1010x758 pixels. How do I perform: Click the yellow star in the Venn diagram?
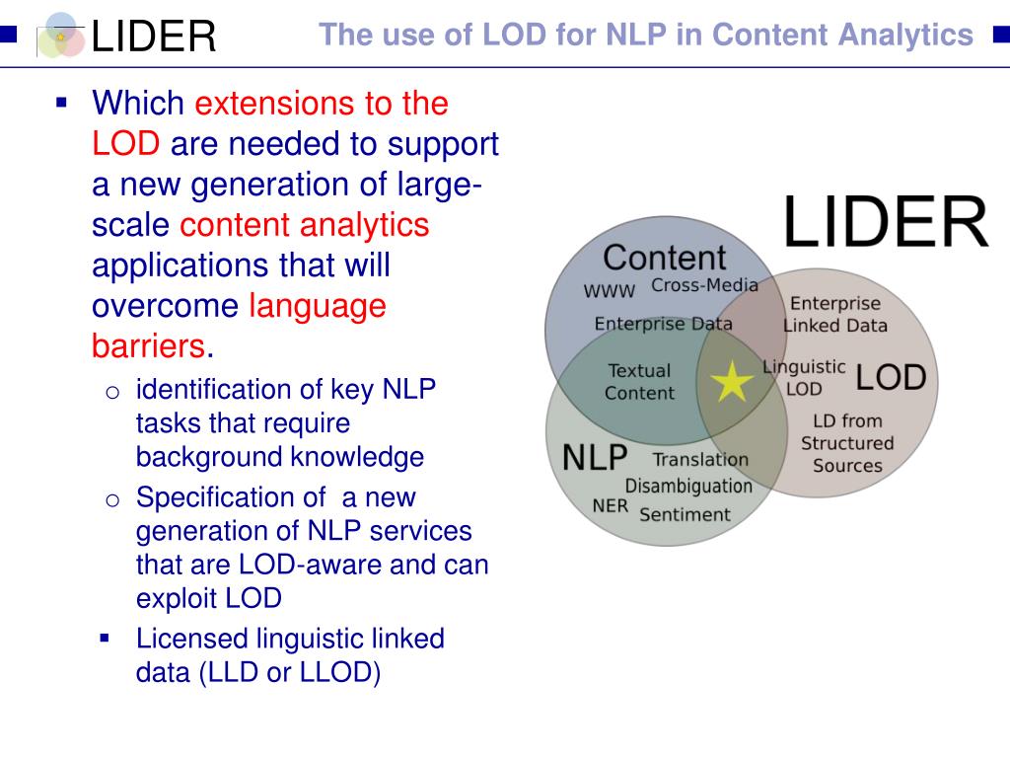(x=731, y=382)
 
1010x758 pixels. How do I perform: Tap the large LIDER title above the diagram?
(x=885, y=223)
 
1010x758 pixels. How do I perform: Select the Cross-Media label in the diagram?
(x=704, y=286)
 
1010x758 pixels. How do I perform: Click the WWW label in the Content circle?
(x=610, y=292)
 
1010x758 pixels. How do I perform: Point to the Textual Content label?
(x=639, y=382)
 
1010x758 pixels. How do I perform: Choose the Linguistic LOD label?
(x=804, y=377)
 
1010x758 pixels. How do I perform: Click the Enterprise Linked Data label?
(x=835, y=314)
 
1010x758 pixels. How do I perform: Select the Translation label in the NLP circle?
(x=700, y=459)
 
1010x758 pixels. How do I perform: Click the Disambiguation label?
(x=687, y=486)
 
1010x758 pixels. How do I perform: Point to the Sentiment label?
(x=685, y=514)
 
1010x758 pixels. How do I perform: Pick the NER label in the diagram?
(x=610, y=505)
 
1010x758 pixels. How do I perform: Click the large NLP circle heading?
(x=595, y=457)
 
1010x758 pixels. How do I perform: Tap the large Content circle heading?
(x=664, y=258)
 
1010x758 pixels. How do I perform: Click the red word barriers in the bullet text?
(x=149, y=346)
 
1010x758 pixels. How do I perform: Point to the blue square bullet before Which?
(x=61, y=103)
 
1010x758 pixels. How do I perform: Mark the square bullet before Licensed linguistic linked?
(x=105, y=638)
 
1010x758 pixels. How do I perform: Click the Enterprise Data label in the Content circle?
(x=663, y=324)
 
